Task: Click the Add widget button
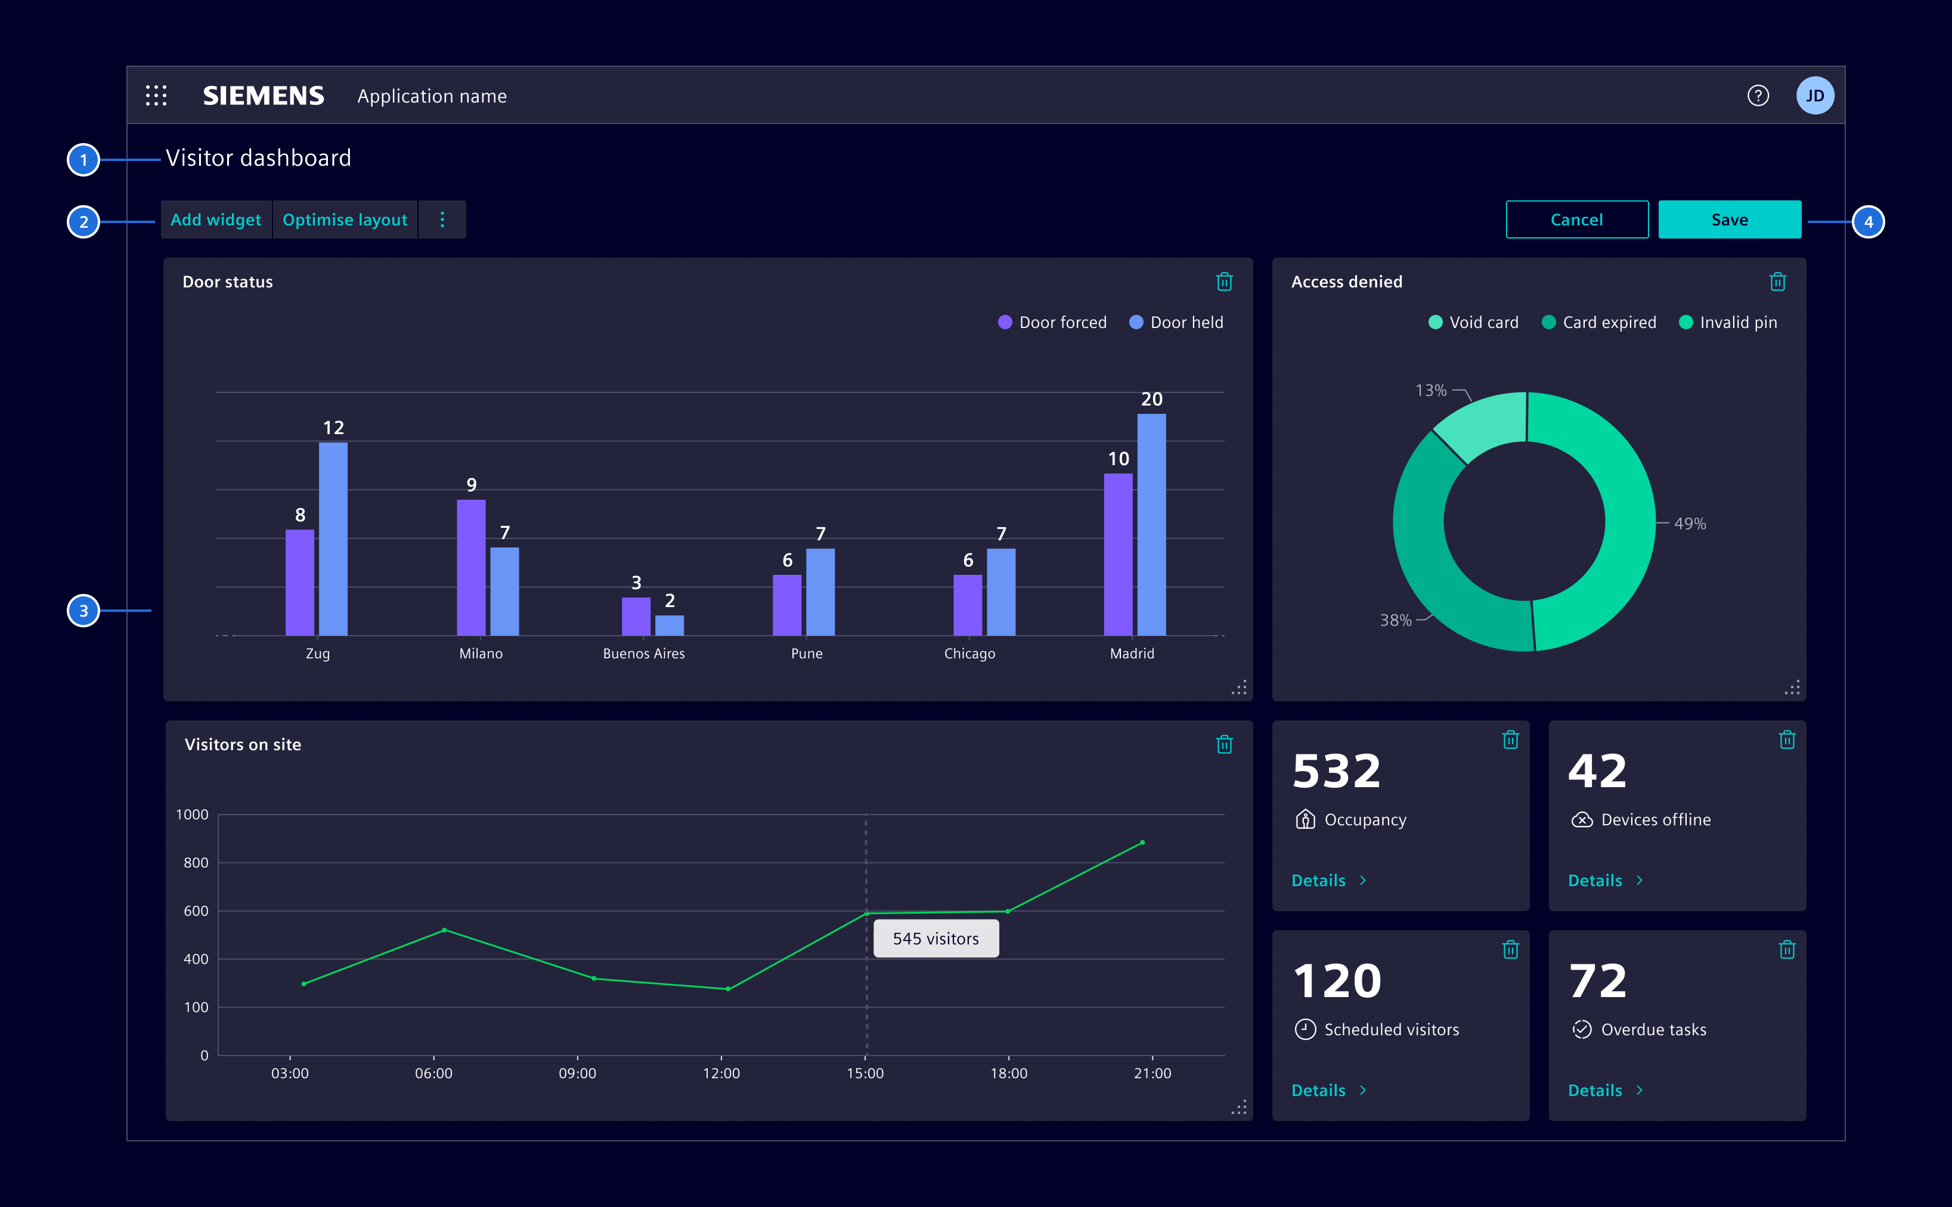215,219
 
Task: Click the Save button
1728,219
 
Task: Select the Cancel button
1576,219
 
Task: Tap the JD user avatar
1814,96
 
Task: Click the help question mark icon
1757,96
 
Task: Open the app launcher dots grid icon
156,96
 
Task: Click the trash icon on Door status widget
1223,282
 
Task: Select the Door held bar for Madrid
1151,524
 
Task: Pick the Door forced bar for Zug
299,583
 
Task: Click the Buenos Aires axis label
643,654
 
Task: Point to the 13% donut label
1430,391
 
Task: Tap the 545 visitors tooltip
935,939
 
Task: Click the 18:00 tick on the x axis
1009,1073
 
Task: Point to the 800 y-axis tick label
196,863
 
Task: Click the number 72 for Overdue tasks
1597,981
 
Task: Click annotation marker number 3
83,611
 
